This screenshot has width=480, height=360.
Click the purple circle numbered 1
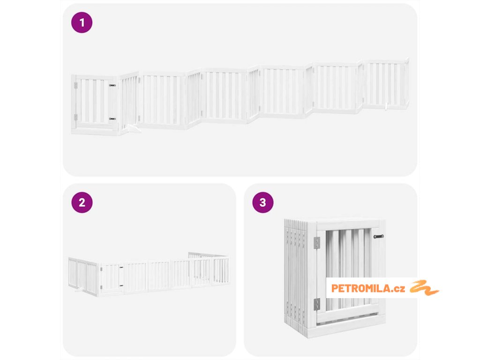point(82,22)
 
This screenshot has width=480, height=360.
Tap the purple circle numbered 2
point(82,202)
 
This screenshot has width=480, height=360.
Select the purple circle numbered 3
point(262,202)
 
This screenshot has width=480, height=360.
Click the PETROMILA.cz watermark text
point(368,288)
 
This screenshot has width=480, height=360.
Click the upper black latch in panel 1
point(112,85)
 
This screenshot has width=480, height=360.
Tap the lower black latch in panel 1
point(112,119)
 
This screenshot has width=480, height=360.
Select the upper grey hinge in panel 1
point(76,85)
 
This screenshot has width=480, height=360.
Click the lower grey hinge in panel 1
point(76,117)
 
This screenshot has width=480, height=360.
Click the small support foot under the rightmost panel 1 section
point(387,106)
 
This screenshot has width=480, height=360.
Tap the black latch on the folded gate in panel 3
point(378,236)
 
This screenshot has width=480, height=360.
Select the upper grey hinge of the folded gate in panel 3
point(317,243)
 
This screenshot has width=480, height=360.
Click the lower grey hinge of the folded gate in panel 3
point(317,304)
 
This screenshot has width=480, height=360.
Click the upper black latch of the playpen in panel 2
point(121,268)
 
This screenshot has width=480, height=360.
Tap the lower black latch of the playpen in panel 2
point(121,285)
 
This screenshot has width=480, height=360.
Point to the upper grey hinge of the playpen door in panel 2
point(101,269)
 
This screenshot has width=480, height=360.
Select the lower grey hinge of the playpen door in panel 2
point(101,287)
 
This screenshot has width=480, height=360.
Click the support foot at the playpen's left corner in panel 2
point(79,289)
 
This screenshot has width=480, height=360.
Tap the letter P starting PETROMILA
point(334,288)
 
